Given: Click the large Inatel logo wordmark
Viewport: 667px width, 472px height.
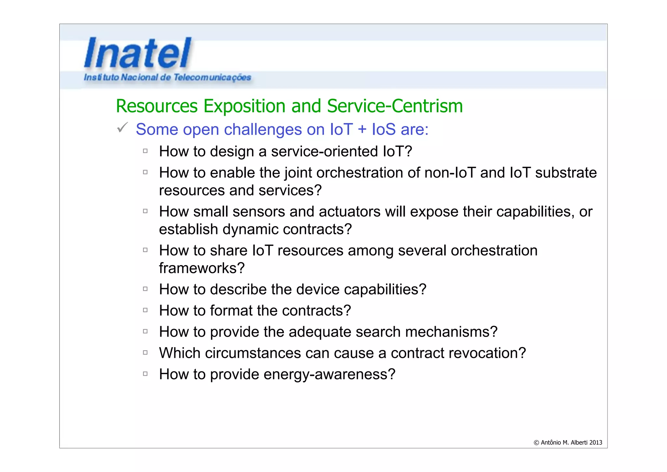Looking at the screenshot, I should (138, 53).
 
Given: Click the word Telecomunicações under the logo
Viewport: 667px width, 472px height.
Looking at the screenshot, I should (212, 77).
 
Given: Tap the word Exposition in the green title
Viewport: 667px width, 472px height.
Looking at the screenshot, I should (244, 106).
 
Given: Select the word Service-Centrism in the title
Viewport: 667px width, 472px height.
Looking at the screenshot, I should (394, 106).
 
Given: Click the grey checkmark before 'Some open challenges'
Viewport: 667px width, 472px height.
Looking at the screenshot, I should (122, 128).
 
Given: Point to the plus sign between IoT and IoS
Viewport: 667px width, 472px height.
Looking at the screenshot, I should (362, 129).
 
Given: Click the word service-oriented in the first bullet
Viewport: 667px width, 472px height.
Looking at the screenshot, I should (324, 151).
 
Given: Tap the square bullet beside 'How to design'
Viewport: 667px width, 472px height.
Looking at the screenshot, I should (145, 151).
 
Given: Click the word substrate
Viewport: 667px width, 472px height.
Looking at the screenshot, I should (566, 173).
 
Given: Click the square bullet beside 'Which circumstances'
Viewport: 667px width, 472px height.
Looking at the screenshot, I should (145, 353).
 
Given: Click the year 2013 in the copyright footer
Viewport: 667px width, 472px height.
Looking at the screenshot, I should (595, 443).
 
